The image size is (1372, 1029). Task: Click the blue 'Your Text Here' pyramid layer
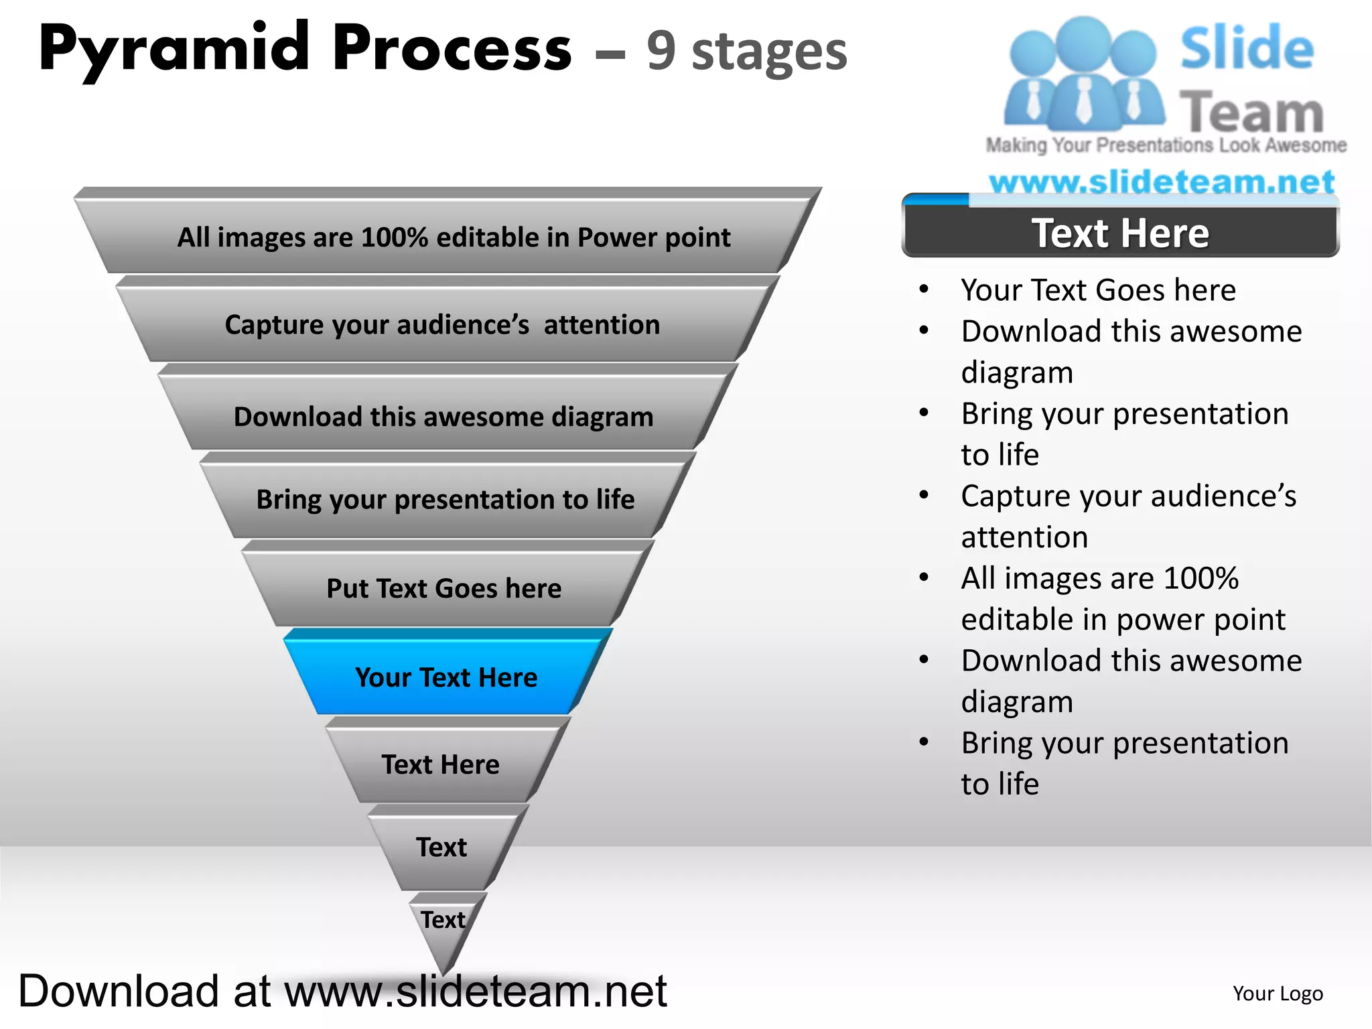[446, 677]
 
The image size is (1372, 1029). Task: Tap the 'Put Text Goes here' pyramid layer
[443, 588]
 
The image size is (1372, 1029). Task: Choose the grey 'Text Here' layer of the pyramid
[441, 764]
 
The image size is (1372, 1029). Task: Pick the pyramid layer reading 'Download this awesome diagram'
[443, 417]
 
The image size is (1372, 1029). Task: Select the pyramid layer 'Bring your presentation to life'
[445, 500]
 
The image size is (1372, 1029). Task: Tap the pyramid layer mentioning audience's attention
[442, 325]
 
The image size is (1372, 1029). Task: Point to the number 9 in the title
[661, 52]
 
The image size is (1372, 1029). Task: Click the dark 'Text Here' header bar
[1120, 233]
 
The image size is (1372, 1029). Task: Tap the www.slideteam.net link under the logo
[1162, 182]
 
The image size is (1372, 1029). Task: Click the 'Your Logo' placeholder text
[1278, 993]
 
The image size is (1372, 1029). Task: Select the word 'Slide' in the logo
[1247, 48]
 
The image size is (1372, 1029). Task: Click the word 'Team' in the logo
[1251, 112]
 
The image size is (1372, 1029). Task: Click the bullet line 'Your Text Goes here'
[1098, 290]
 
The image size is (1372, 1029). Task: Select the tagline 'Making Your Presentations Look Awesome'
[1166, 145]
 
